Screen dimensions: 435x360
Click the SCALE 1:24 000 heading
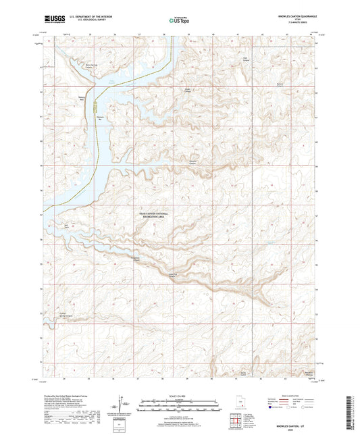(179, 395)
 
